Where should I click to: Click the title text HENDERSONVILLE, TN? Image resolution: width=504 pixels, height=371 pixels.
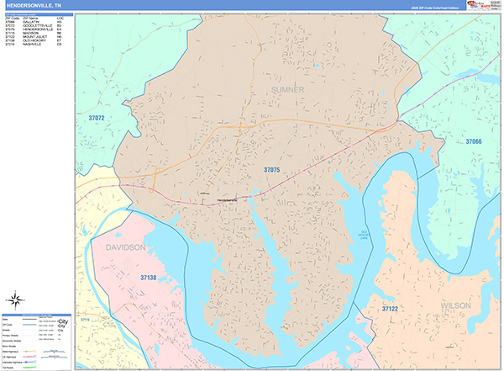(x=34, y=5)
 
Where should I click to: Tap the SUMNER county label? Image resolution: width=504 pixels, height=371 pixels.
(x=288, y=88)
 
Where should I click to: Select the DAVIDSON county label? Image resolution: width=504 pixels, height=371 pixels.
(x=126, y=247)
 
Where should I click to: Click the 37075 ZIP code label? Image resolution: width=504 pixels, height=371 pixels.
(x=271, y=170)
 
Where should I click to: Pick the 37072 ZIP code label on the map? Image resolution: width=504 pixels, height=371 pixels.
(x=97, y=119)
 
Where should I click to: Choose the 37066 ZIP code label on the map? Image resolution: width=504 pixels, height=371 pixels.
(x=475, y=141)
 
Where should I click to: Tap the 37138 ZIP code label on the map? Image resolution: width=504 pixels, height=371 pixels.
(x=149, y=277)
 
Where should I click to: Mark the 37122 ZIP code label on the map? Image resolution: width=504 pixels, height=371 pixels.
(x=389, y=310)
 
